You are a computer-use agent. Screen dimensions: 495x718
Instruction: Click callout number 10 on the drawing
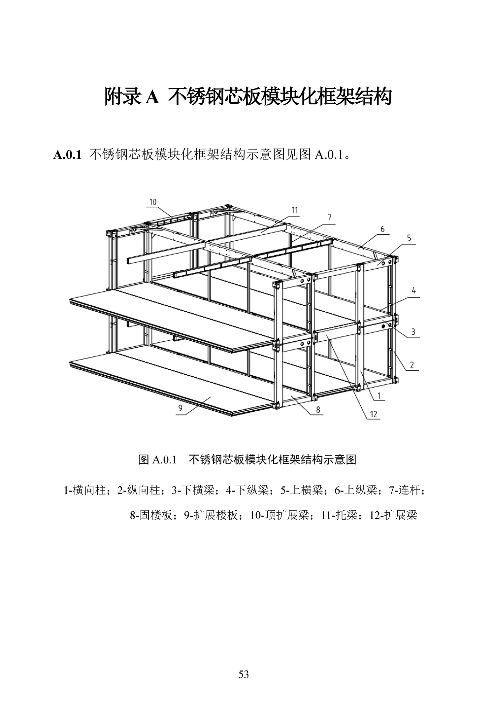[153, 202]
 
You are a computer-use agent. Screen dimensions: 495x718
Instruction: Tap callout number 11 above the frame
[294, 210]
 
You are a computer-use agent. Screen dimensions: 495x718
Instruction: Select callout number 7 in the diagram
[329, 217]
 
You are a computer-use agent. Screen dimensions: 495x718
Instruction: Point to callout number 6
[382, 228]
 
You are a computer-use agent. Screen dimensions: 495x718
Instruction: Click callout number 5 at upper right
[409, 238]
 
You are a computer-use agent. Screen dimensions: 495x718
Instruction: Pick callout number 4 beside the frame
[414, 291]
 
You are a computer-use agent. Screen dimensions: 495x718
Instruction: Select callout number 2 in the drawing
[412, 365]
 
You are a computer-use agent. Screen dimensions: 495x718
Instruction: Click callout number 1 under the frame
[379, 395]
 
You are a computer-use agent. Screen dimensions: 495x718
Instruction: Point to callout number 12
[374, 414]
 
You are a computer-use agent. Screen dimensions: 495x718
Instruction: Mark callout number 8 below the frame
[318, 410]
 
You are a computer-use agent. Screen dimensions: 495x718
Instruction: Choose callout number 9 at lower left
[180, 408]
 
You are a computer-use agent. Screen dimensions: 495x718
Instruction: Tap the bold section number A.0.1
[67, 155]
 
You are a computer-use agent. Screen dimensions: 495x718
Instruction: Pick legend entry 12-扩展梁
[393, 515]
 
